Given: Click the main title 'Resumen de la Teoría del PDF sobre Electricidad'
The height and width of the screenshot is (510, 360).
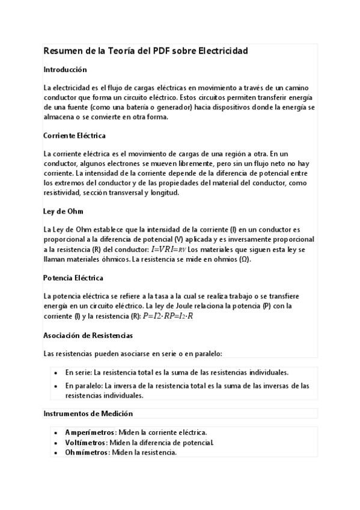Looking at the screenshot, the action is tap(146, 52).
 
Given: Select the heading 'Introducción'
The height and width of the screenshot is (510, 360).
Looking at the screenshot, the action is tap(66, 70).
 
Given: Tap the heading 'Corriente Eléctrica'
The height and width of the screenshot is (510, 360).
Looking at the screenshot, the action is tap(75, 136).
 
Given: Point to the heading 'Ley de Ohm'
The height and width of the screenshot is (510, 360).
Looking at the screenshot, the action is tap(63, 211).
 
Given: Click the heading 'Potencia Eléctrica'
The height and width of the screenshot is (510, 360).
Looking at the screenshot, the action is tap(73, 278).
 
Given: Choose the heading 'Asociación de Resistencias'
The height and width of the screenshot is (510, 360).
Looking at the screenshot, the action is tap(88, 335).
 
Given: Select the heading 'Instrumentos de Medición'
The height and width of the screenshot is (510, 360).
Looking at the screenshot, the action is tap(88, 414).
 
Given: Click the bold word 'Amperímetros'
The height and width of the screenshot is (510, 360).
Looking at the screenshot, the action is tap(90, 433).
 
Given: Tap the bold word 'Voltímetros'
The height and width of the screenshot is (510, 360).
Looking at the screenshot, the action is tap(86, 443).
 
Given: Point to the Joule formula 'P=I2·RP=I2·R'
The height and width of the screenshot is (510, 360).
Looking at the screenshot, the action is tap(168, 316).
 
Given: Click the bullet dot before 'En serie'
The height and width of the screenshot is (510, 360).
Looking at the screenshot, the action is tap(56, 372).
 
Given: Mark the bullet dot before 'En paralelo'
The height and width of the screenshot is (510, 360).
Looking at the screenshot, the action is tap(56, 386).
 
